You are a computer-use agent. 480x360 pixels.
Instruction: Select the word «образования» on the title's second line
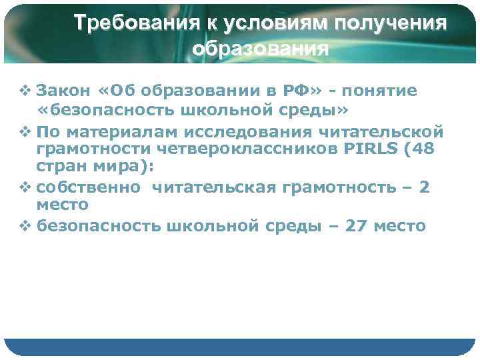[260, 49]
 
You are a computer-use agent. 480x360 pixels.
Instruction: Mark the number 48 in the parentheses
[423, 147]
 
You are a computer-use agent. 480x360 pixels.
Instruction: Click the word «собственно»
[88, 188]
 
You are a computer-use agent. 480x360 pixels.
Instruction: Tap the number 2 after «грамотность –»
[424, 188]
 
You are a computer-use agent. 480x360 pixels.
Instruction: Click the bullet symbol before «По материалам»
[27, 129]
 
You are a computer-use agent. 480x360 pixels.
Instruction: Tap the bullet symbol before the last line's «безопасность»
[27, 227]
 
